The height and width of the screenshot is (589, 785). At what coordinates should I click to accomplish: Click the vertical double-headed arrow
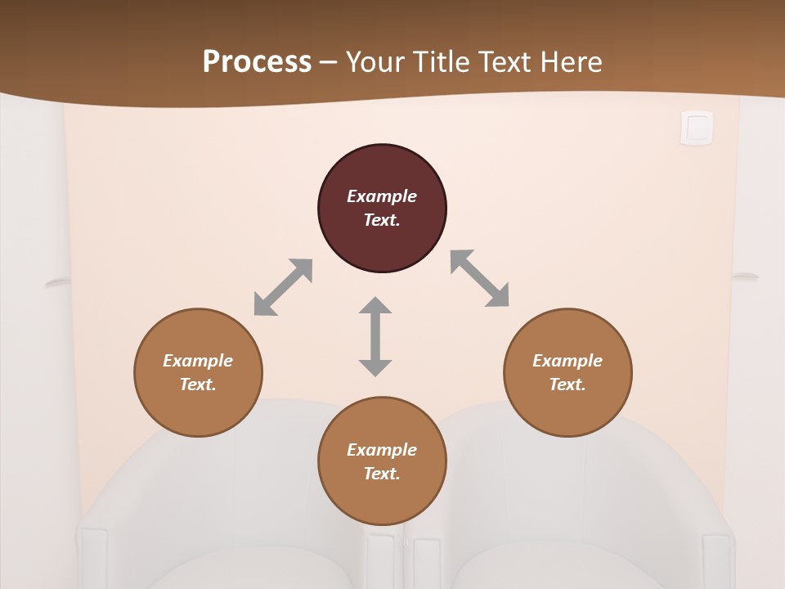pos(375,336)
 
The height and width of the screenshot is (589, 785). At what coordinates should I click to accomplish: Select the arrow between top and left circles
pos(283,287)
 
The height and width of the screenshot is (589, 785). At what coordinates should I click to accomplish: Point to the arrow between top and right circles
pos(480,278)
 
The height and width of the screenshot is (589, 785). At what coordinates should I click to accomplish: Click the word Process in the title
pos(257,61)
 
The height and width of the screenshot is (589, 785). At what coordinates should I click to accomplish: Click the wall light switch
pos(697,128)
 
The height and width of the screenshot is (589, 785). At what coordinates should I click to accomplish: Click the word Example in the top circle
pos(382,196)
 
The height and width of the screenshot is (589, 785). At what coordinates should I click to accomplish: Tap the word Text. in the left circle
pos(198,384)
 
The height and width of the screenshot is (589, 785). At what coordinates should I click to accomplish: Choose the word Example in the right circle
pos(567,361)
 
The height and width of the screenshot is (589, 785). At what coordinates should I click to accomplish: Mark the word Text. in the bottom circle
pos(382,474)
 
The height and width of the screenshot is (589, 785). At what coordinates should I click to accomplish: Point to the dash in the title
pos(329,62)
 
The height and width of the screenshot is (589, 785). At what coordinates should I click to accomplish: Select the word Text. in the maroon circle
pos(382,220)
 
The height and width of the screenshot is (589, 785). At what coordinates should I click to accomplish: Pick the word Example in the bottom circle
pos(382,450)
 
